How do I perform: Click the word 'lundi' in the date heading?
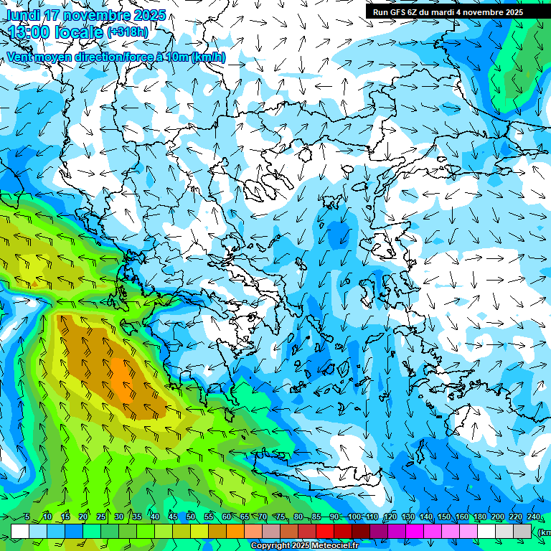24,15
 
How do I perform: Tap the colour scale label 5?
27,517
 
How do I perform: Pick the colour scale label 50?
191,517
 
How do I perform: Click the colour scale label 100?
354,517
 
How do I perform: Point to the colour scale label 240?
534,517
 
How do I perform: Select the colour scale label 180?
480,517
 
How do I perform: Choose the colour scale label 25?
101,517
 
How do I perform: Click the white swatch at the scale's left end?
20,532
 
